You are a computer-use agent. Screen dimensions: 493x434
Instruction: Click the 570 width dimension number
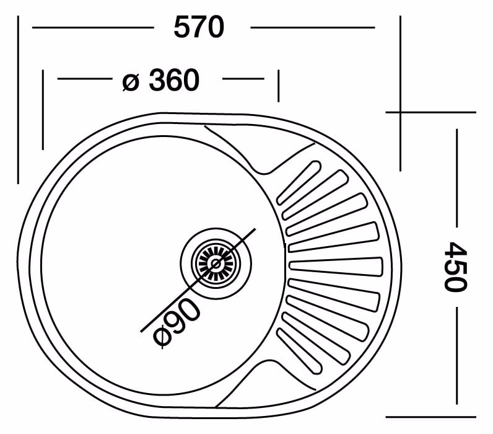click(x=199, y=27)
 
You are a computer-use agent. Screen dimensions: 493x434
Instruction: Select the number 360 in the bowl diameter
click(x=174, y=79)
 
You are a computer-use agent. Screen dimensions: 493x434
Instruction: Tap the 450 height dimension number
click(x=455, y=267)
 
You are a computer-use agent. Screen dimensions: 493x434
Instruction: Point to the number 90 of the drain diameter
click(x=181, y=316)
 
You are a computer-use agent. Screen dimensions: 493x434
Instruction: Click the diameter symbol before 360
click(x=131, y=81)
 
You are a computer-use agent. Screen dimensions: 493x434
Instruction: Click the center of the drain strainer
click(x=216, y=263)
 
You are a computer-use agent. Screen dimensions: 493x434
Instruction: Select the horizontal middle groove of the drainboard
click(x=336, y=267)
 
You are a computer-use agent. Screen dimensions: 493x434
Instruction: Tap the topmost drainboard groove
click(x=299, y=183)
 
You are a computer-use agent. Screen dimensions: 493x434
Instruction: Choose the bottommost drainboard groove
click(x=299, y=350)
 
